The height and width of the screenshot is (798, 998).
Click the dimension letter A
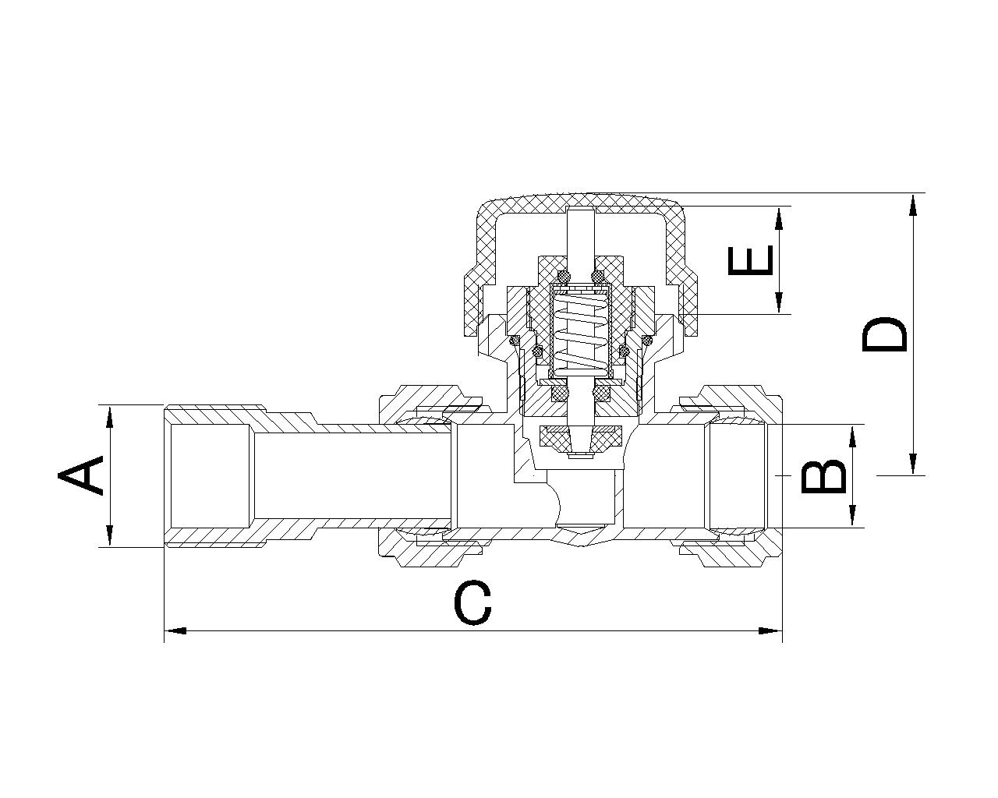80,475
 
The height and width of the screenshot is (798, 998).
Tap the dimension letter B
823,476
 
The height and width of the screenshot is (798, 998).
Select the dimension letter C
472,603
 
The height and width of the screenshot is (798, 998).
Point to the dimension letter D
883,334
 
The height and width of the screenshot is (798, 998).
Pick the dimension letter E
750,260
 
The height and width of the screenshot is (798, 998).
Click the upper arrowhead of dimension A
109,418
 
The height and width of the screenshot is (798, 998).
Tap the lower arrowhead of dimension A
109,535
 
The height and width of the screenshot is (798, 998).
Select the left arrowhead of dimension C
175,630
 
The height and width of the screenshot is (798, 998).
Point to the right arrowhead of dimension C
770,630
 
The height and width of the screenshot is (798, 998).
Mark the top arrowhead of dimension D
913,205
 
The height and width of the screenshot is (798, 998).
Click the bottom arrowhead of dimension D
913,463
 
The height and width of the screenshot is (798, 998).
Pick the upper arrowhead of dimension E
779,218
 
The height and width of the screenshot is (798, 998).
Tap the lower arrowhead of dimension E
779,302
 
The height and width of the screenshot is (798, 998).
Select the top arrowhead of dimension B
852,436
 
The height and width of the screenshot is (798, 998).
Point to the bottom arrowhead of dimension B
852,516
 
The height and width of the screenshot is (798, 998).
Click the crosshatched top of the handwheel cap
581,202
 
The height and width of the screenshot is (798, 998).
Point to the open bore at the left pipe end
211,475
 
